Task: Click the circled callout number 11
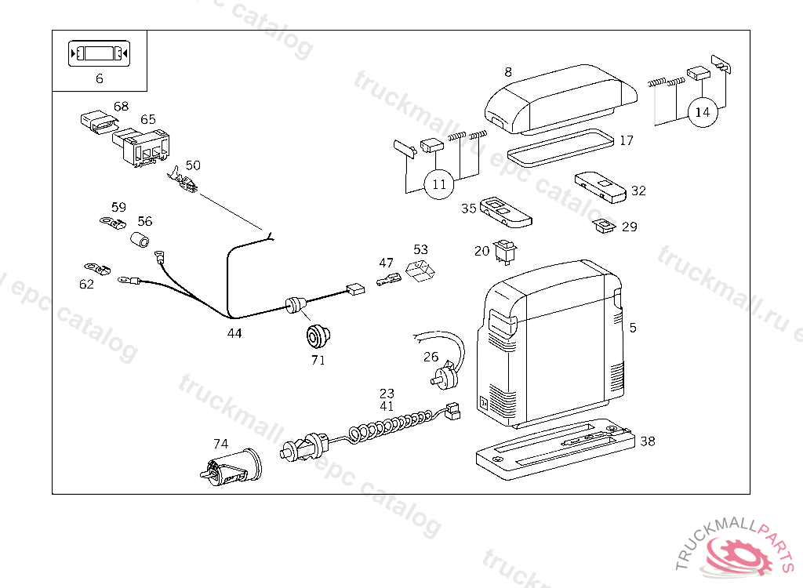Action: [x=439, y=184]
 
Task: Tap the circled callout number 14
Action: [x=703, y=112]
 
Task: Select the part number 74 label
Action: [x=220, y=444]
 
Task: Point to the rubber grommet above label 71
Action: [x=318, y=336]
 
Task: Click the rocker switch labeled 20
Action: [x=505, y=252]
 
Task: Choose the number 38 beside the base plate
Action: [x=647, y=441]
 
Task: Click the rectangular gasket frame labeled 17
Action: [x=560, y=148]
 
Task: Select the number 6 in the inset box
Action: [x=100, y=78]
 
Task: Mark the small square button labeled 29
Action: [x=604, y=226]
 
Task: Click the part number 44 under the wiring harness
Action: [x=234, y=333]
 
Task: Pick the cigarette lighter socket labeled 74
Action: [x=231, y=467]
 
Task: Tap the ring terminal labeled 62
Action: [x=97, y=268]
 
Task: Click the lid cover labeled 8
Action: [x=561, y=100]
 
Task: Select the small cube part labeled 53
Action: [x=420, y=270]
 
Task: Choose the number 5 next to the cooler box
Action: [x=633, y=328]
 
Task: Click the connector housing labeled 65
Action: [x=141, y=147]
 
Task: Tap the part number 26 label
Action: [x=431, y=357]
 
